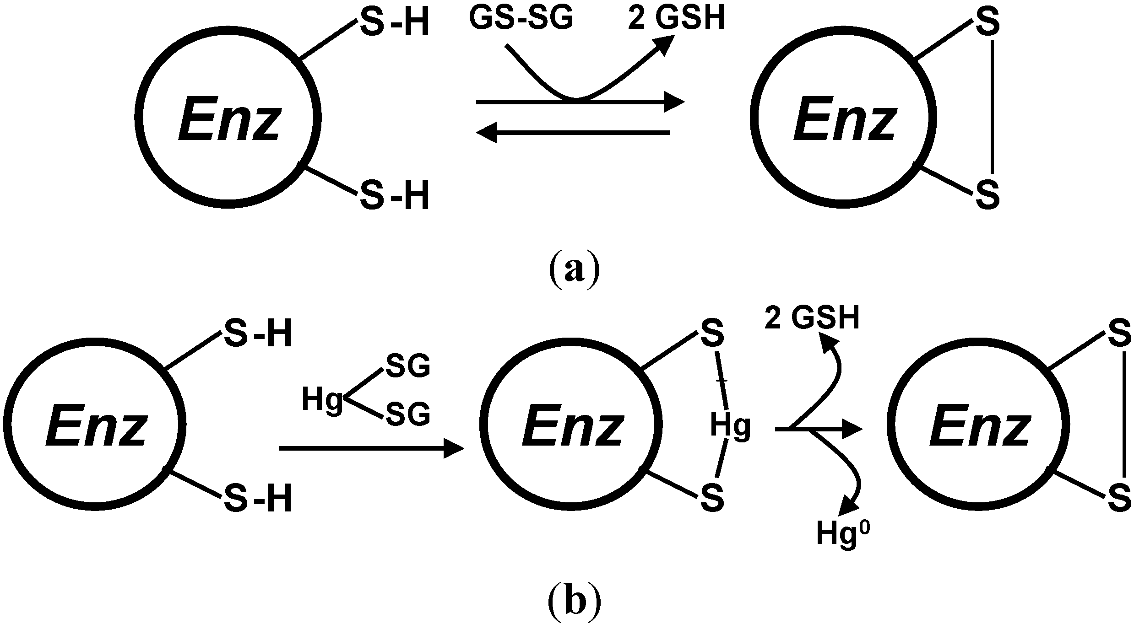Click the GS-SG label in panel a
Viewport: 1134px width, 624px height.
521,20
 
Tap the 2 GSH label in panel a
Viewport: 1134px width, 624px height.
677,20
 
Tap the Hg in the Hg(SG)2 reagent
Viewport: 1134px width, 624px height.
322,400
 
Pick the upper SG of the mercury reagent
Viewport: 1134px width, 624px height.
408,366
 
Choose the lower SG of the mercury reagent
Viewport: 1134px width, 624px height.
408,414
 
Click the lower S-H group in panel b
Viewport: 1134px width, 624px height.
258,500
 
